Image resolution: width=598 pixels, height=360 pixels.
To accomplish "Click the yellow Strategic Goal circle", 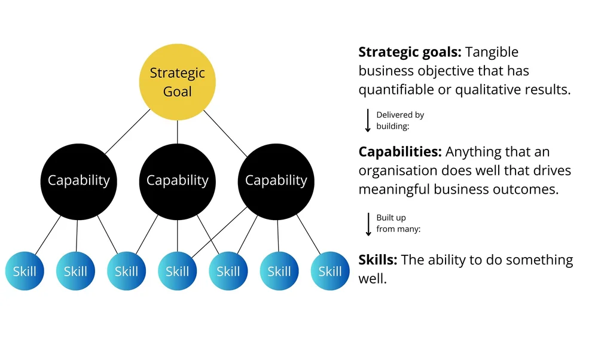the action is point(177,82).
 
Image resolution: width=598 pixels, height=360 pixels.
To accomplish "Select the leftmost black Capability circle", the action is point(78,180).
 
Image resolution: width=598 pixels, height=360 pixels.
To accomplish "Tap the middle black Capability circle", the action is point(177,180).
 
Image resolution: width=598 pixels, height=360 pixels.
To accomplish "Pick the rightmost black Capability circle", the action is point(276,180).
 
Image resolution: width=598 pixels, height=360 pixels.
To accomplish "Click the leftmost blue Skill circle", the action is point(25,271).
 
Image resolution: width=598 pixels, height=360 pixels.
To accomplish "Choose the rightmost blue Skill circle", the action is point(329,271).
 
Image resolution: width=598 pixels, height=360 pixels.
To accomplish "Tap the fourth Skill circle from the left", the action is point(177,271).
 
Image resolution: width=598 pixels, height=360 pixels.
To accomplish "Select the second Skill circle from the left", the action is point(75,271).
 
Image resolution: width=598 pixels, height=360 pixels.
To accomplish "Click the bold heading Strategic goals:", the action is point(410,53).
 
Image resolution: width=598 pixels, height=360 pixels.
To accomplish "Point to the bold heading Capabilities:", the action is point(400,152).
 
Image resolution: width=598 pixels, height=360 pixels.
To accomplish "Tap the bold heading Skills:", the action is point(378,260).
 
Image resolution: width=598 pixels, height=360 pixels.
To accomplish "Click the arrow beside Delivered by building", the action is point(368,120).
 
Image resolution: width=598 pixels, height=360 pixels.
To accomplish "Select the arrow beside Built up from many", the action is point(368,223).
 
